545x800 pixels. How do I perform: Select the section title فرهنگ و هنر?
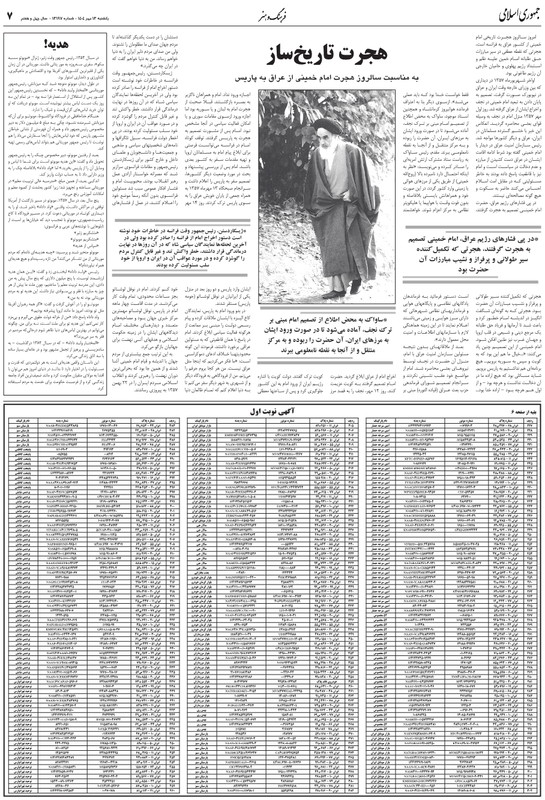pos(271,14)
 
